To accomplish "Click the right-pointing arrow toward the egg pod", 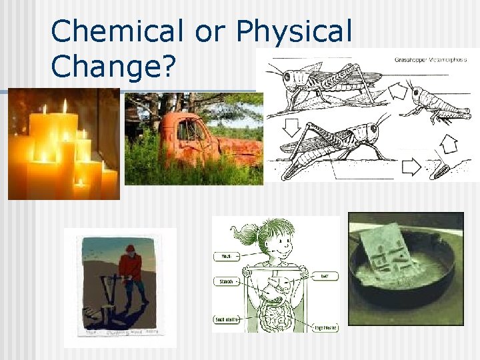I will pos(411,166).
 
